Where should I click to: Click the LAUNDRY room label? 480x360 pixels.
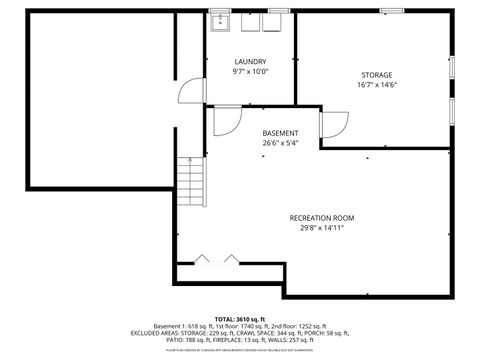(x=250, y=62)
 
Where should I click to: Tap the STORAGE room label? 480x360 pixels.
(x=377, y=75)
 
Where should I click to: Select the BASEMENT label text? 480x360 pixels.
(x=280, y=133)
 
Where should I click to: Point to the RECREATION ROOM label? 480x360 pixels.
(x=322, y=218)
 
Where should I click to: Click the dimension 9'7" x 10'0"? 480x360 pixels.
(x=250, y=72)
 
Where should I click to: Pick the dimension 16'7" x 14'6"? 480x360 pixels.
(x=377, y=85)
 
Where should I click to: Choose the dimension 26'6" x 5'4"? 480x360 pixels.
(x=280, y=143)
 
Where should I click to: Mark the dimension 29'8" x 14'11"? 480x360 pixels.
(x=322, y=228)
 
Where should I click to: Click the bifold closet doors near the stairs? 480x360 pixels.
(x=217, y=259)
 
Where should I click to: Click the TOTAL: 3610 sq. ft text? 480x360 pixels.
(x=239, y=318)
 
